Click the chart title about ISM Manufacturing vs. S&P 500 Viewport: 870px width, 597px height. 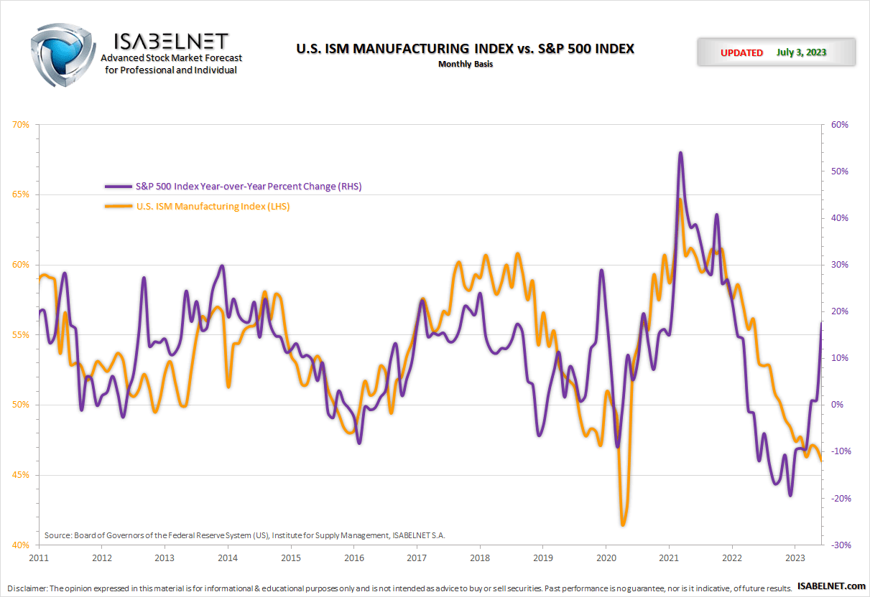[465, 49]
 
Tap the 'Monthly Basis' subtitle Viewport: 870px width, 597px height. [466, 64]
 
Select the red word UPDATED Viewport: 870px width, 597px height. [741, 52]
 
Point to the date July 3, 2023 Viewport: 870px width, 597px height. [801, 52]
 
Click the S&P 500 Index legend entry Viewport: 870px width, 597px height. [248, 186]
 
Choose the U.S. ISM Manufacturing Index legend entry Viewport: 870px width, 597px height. [212, 207]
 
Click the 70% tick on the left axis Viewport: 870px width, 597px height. [21, 125]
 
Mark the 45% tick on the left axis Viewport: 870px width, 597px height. [21, 475]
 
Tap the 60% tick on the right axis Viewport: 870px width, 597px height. [839, 125]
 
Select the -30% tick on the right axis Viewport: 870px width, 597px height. [839, 545]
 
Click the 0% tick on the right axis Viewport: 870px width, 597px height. [836, 405]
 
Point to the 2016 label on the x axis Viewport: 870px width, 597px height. [353, 558]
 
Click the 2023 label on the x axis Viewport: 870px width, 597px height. [795, 558]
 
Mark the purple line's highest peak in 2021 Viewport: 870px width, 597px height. [680, 153]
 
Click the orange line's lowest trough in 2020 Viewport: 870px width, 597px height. [622, 525]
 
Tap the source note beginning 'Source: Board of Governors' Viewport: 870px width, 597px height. [244, 535]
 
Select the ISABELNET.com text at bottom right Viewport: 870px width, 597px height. [831, 588]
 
